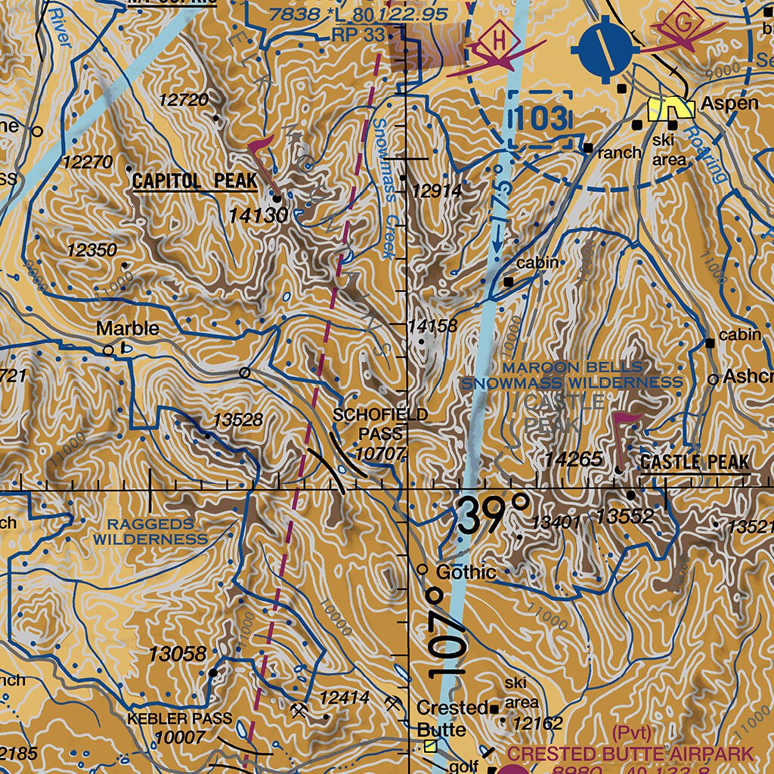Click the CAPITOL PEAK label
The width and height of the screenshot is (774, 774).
click(194, 181)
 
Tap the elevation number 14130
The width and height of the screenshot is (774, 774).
click(258, 216)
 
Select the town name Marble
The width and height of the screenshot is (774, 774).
click(128, 329)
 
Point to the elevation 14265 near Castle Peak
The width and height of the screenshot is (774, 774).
click(575, 460)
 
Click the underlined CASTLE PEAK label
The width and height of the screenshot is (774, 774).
click(695, 463)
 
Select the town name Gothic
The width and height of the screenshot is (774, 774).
click(466, 572)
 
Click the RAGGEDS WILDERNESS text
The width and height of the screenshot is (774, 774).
click(150, 531)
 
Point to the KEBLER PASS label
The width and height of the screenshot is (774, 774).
click(180, 718)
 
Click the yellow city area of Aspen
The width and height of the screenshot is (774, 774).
click(672, 109)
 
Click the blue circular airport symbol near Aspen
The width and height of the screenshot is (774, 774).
click(605, 47)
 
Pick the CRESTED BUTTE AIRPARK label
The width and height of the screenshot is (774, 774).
click(630, 754)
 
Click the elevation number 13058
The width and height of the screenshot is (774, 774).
click(177, 653)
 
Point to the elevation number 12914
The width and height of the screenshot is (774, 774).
click(435, 192)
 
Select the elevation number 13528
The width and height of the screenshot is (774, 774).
click(237, 420)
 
